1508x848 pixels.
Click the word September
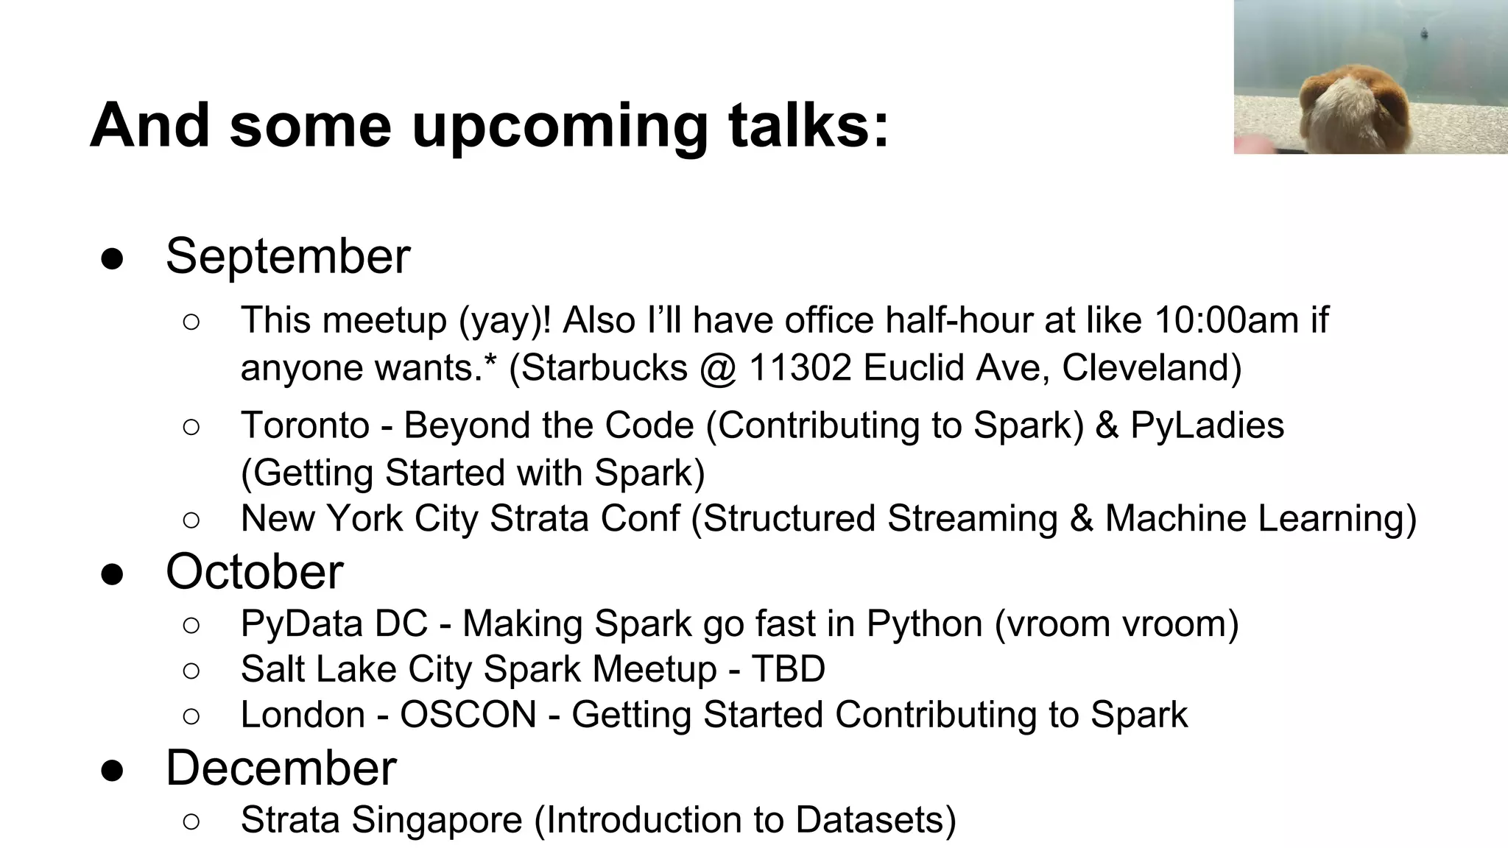287,256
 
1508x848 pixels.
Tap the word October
254,571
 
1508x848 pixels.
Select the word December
281,768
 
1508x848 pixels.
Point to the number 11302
800,367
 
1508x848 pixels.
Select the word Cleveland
1151,367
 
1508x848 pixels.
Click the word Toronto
305,425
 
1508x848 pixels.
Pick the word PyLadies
1207,425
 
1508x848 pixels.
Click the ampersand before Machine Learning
1081,518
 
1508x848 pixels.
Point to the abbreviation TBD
788,669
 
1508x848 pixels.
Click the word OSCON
468,715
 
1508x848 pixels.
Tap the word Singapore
436,820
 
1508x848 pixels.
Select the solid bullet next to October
112,573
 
